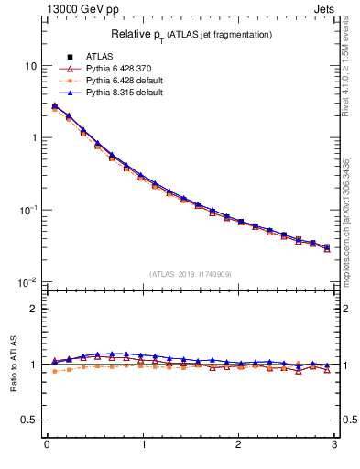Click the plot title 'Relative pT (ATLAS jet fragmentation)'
(191, 34)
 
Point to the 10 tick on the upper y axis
(31, 66)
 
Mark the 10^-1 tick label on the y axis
(27, 210)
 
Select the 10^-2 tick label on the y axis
(27, 281)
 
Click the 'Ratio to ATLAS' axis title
(12, 365)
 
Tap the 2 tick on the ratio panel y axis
(34, 309)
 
